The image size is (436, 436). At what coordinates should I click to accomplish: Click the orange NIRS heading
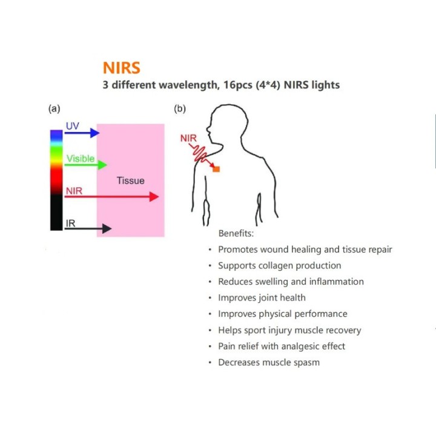click(x=122, y=68)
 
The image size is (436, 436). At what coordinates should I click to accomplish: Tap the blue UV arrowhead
click(x=95, y=133)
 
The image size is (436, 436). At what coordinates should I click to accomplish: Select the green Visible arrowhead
click(x=102, y=165)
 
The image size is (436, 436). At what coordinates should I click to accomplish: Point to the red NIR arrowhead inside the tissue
click(x=154, y=197)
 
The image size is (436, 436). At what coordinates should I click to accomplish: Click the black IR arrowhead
click(x=107, y=228)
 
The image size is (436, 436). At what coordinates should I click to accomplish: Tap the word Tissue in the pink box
click(x=131, y=180)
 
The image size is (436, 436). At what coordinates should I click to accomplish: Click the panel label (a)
click(x=54, y=108)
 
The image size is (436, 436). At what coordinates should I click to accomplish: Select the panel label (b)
click(x=180, y=108)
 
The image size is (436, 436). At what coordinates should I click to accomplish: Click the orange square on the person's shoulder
click(x=216, y=169)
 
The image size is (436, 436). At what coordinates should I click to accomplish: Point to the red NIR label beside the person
click(x=188, y=138)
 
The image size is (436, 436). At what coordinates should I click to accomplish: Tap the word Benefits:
click(x=236, y=233)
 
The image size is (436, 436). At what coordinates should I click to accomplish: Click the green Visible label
click(x=81, y=159)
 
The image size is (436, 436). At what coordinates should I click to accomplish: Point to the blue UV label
click(x=73, y=126)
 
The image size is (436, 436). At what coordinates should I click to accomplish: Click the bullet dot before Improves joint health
click(x=210, y=298)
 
